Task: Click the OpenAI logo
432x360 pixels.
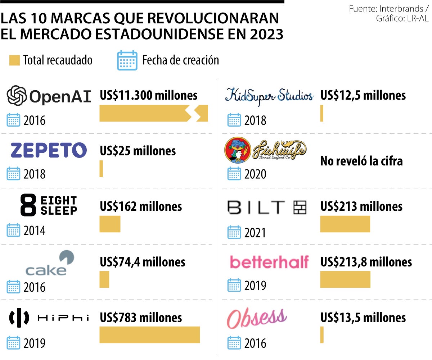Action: click(49, 96)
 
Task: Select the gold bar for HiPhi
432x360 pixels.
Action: click(149, 335)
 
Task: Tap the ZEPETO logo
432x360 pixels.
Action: click(49, 150)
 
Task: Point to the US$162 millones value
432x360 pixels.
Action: click(141, 206)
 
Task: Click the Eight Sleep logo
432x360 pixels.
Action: click(49, 206)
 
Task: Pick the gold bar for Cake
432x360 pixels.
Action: click(104, 279)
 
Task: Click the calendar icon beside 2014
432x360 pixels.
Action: click(14, 230)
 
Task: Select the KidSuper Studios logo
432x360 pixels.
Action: click(269, 96)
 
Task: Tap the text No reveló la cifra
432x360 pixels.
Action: click(361, 161)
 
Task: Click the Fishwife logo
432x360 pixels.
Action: click(266, 151)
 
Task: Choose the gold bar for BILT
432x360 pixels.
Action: click(345, 224)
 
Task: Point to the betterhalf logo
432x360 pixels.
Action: click(269, 262)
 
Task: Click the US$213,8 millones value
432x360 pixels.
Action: click(366, 262)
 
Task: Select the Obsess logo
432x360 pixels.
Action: click(257, 318)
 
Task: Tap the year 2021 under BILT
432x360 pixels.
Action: click(255, 233)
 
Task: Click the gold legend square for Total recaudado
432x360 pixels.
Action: click(14, 60)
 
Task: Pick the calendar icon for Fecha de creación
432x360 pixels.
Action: click(127, 60)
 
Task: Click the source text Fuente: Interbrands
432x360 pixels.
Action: click(387, 9)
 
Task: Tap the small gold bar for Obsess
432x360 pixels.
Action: click(322, 335)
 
